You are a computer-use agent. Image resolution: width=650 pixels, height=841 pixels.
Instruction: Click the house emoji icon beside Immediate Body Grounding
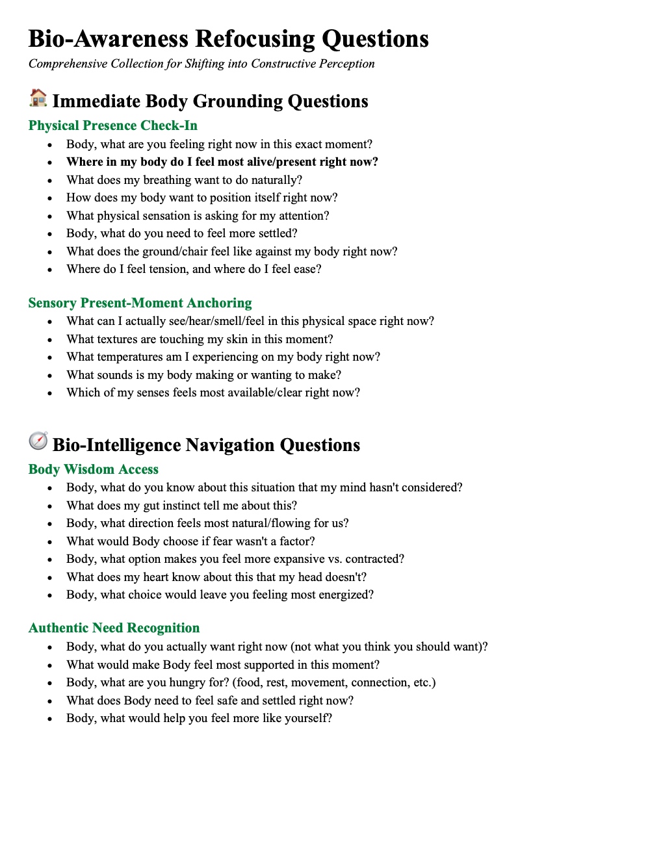[38, 98]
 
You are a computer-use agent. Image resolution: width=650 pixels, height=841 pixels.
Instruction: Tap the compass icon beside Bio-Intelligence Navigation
[38, 441]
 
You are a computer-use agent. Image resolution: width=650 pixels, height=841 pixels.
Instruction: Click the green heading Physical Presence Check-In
[112, 125]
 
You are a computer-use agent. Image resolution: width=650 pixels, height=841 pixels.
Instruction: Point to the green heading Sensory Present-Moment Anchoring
[140, 303]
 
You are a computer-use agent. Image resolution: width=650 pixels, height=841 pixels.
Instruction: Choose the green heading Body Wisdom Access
[93, 469]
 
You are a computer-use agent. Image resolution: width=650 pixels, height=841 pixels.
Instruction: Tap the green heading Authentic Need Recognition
[114, 628]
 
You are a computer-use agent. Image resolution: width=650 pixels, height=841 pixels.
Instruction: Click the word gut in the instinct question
[151, 506]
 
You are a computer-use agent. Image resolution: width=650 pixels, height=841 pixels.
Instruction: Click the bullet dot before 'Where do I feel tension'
[49, 270]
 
